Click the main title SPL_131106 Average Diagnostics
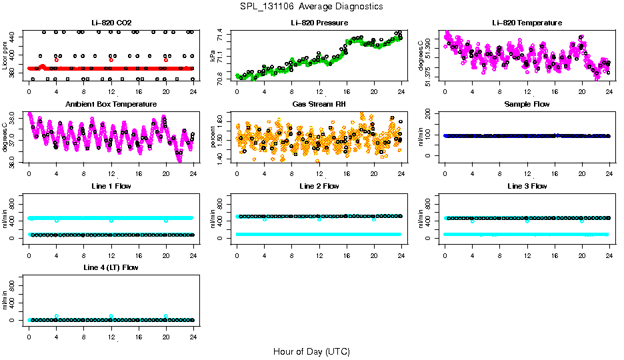coord(312,6)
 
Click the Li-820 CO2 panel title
coord(110,23)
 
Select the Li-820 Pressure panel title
coord(319,23)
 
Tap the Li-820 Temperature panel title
coord(527,23)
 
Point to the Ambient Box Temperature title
coord(111,105)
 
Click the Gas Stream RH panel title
coord(319,105)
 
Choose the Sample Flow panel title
coord(527,105)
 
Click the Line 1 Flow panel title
coord(111,186)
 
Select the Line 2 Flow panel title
coord(319,186)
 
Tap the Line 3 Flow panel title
coord(527,186)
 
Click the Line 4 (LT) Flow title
coord(111,267)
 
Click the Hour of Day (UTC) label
coord(311,351)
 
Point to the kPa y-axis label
coord(213,56)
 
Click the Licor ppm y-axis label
coord(5,56)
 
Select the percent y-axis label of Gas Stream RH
coord(213,137)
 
